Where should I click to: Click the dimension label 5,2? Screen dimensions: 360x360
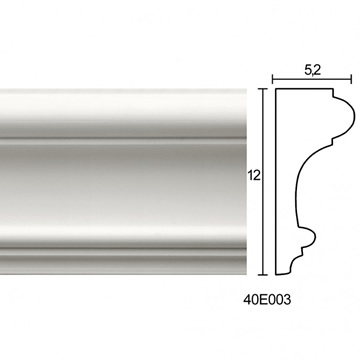click(x=312, y=71)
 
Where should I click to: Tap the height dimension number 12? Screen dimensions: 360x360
click(x=254, y=175)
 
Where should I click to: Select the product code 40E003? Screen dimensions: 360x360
click(x=267, y=300)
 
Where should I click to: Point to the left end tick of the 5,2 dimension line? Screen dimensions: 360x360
click(x=273, y=79)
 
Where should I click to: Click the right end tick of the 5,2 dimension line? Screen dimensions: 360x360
click(x=351, y=79)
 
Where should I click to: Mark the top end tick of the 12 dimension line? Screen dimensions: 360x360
click(x=263, y=89)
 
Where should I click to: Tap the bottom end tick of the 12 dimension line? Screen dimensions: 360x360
click(x=263, y=275)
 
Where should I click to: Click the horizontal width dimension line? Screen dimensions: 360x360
click(x=312, y=79)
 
